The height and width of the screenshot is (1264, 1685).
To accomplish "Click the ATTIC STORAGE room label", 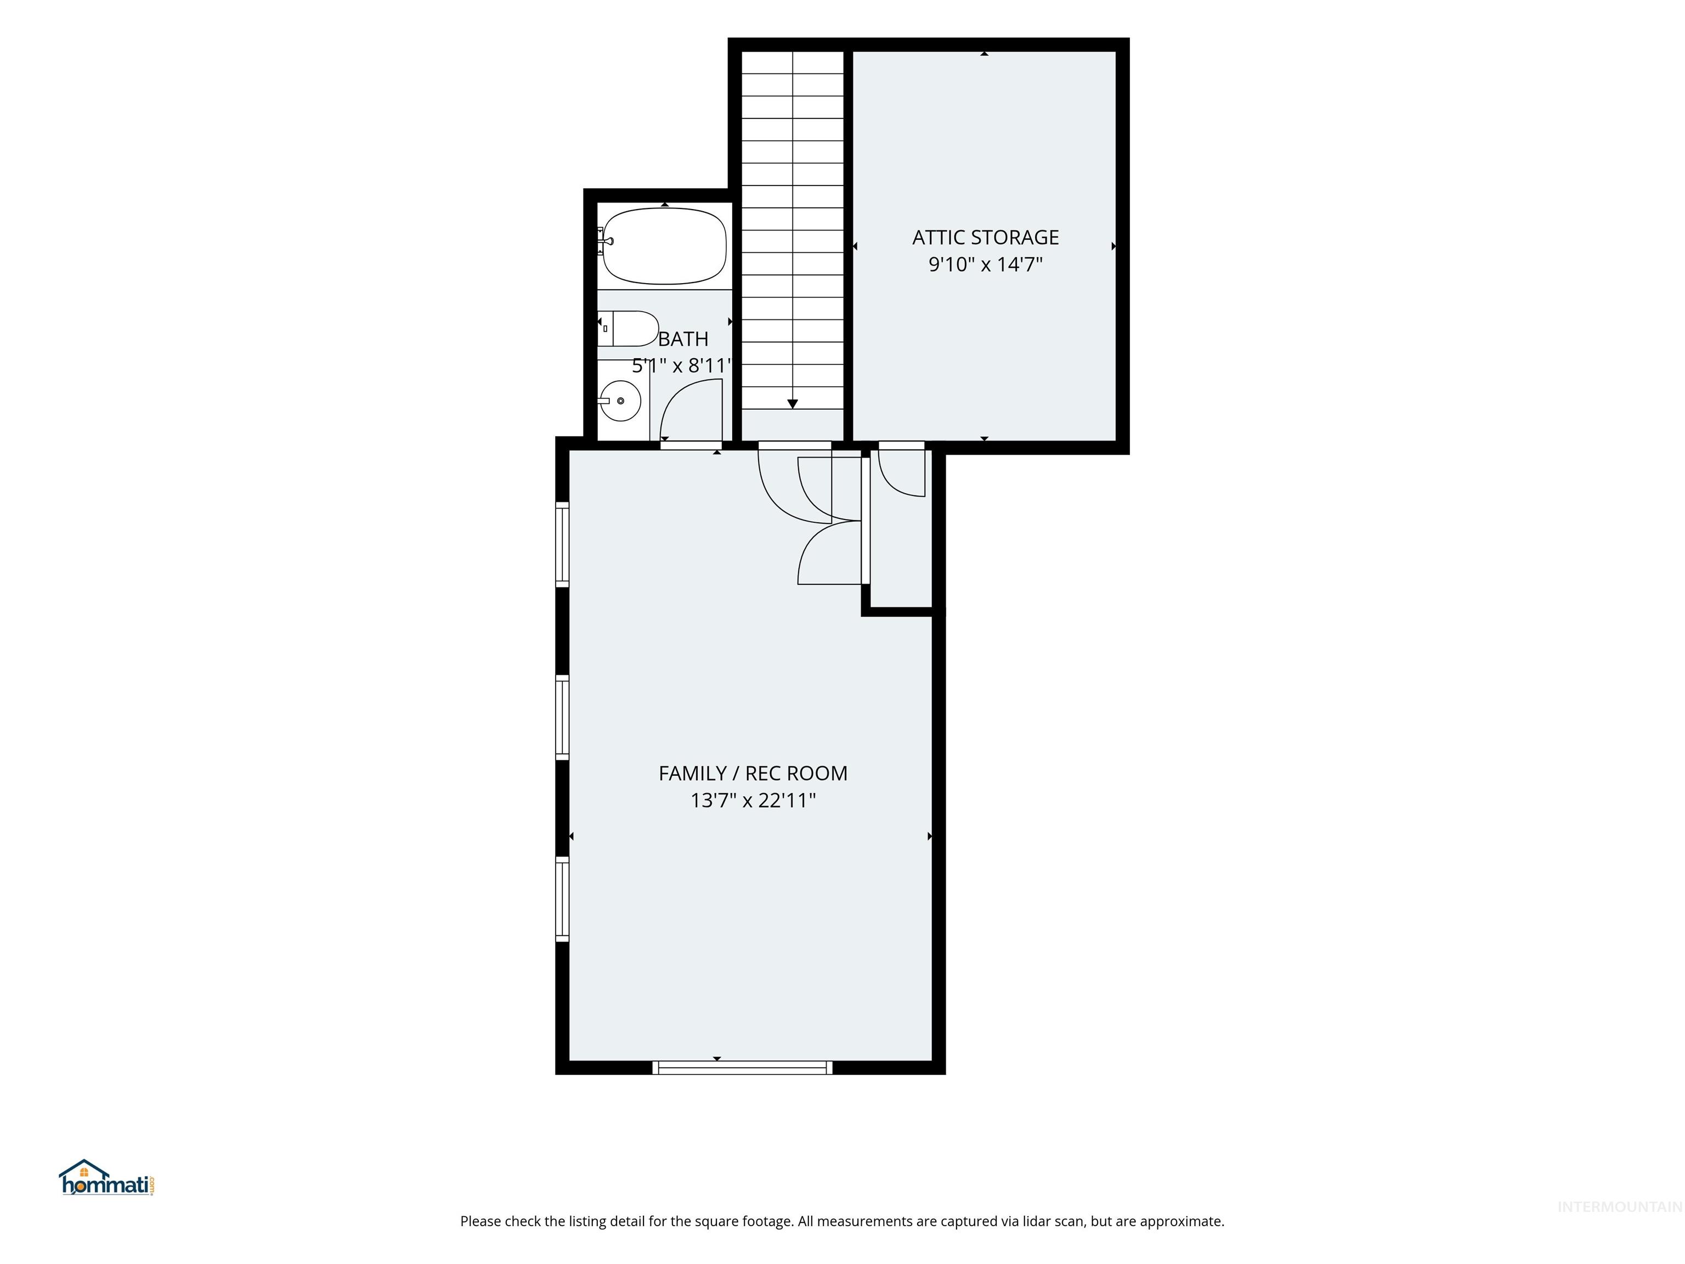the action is pyautogui.click(x=985, y=238).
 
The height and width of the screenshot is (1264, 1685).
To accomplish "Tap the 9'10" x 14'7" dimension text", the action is pyautogui.click(x=985, y=264).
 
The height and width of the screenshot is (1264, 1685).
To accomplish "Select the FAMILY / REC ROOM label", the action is pyautogui.click(x=753, y=774).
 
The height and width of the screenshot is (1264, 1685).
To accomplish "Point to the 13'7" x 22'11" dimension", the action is pyautogui.click(x=753, y=800).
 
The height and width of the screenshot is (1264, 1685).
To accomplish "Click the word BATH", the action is pyautogui.click(x=683, y=339).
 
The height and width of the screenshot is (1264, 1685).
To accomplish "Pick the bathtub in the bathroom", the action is pyautogui.click(x=664, y=246).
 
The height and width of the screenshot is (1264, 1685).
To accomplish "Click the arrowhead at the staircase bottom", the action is pyautogui.click(x=792, y=404).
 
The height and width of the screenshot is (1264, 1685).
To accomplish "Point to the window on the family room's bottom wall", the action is pyautogui.click(x=743, y=1068).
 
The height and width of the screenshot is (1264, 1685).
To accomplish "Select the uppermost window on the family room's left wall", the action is pyautogui.click(x=562, y=544).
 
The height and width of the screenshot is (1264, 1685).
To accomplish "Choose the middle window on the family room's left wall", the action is pyautogui.click(x=562, y=717).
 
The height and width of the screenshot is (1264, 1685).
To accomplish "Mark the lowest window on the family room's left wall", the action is pyautogui.click(x=562, y=899).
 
